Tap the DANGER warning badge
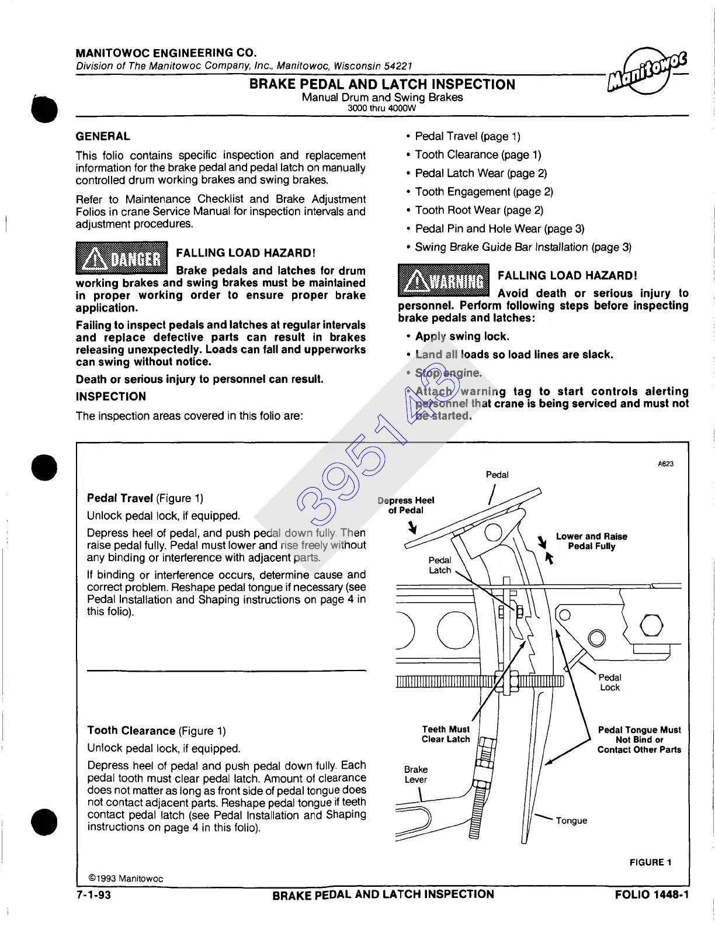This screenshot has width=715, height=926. (122, 258)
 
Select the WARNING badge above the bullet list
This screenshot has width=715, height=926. (443, 281)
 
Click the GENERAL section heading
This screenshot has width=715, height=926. (103, 136)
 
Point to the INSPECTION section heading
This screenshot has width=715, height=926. (111, 396)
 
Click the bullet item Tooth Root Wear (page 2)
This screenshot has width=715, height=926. (479, 210)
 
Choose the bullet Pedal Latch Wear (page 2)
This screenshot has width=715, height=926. (481, 173)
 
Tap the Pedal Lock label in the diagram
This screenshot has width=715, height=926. (610, 682)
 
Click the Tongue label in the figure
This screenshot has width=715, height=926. (571, 821)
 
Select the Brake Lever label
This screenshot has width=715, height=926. (415, 775)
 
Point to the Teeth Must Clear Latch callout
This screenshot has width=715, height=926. (446, 734)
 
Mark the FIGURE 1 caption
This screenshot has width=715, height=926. (650, 862)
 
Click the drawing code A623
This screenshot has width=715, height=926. (665, 464)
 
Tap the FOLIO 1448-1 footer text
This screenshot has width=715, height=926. (651, 895)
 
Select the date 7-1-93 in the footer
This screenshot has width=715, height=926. (93, 895)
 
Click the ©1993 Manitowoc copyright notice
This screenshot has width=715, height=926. (126, 879)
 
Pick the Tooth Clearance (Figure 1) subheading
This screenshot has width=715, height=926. (156, 731)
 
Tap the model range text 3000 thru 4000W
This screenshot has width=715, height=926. (381, 108)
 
